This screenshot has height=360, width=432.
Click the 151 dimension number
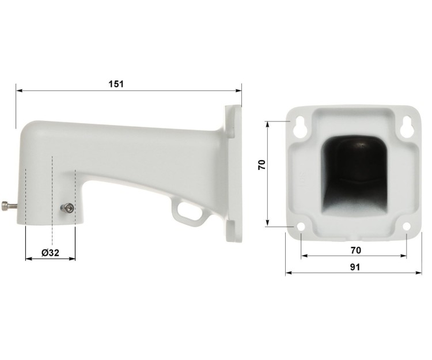[x=116, y=84]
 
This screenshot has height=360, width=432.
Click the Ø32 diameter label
[x=51, y=252]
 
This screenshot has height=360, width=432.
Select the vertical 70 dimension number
[x=262, y=165]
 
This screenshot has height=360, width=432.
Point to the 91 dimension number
[x=355, y=267]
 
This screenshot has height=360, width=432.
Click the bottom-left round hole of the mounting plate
[x=301, y=227]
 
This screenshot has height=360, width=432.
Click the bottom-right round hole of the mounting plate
[x=407, y=227]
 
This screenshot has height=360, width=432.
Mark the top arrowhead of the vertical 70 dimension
[x=268, y=124]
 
